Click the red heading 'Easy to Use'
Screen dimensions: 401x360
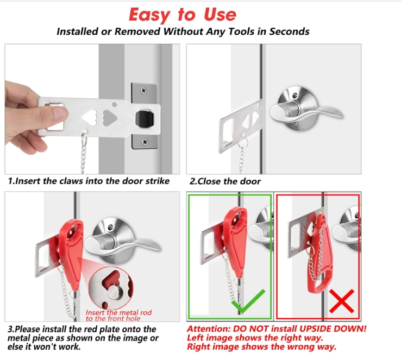pos(183,14)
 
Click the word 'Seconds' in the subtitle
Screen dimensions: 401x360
pos(289,31)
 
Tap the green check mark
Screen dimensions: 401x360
pos(248,301)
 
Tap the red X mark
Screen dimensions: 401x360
pos(342,301)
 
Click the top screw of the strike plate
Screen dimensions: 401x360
pos(144,90)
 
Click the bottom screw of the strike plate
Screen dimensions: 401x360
pos(145,142)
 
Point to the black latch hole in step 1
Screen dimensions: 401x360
pos(145,119)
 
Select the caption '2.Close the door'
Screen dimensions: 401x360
pos(225,181)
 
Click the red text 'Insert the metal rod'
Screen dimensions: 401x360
pos(118,312)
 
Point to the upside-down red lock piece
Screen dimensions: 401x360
pos(319,256)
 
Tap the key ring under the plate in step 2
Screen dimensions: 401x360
pos(243,143)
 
